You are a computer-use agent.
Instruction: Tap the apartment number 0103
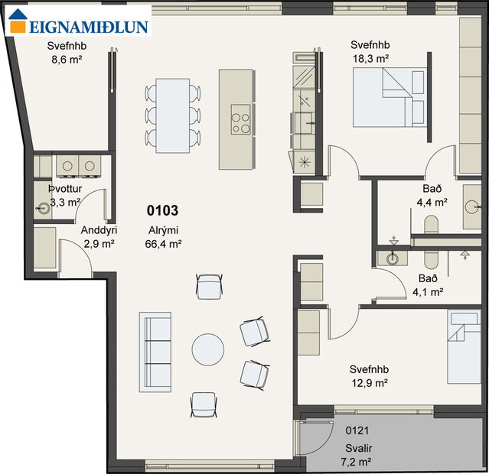[164, 209]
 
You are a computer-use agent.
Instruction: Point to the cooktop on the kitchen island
[241, 123]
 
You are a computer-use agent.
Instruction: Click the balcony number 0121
[357, 431]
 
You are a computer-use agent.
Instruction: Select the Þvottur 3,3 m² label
[65, 196]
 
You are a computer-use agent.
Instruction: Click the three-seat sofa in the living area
[155, 352]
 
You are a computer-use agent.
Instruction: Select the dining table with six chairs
[173, 113]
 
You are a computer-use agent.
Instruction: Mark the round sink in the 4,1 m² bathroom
[393, 258]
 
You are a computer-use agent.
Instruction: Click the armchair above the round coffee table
[208, 287]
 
